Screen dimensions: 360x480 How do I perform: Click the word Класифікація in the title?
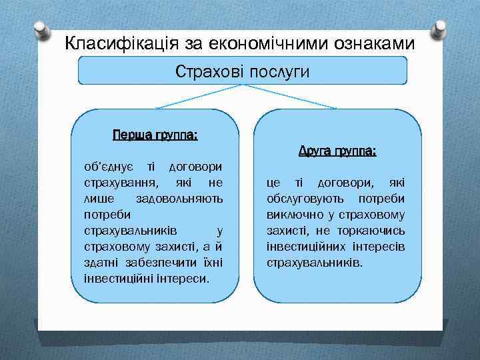point(114,44)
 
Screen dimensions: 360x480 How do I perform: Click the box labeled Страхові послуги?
point(243,70)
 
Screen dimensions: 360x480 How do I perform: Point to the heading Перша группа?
point(155,135)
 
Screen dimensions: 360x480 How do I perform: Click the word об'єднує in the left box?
point(109,165)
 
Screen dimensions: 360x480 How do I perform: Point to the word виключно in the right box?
point(294,214)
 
